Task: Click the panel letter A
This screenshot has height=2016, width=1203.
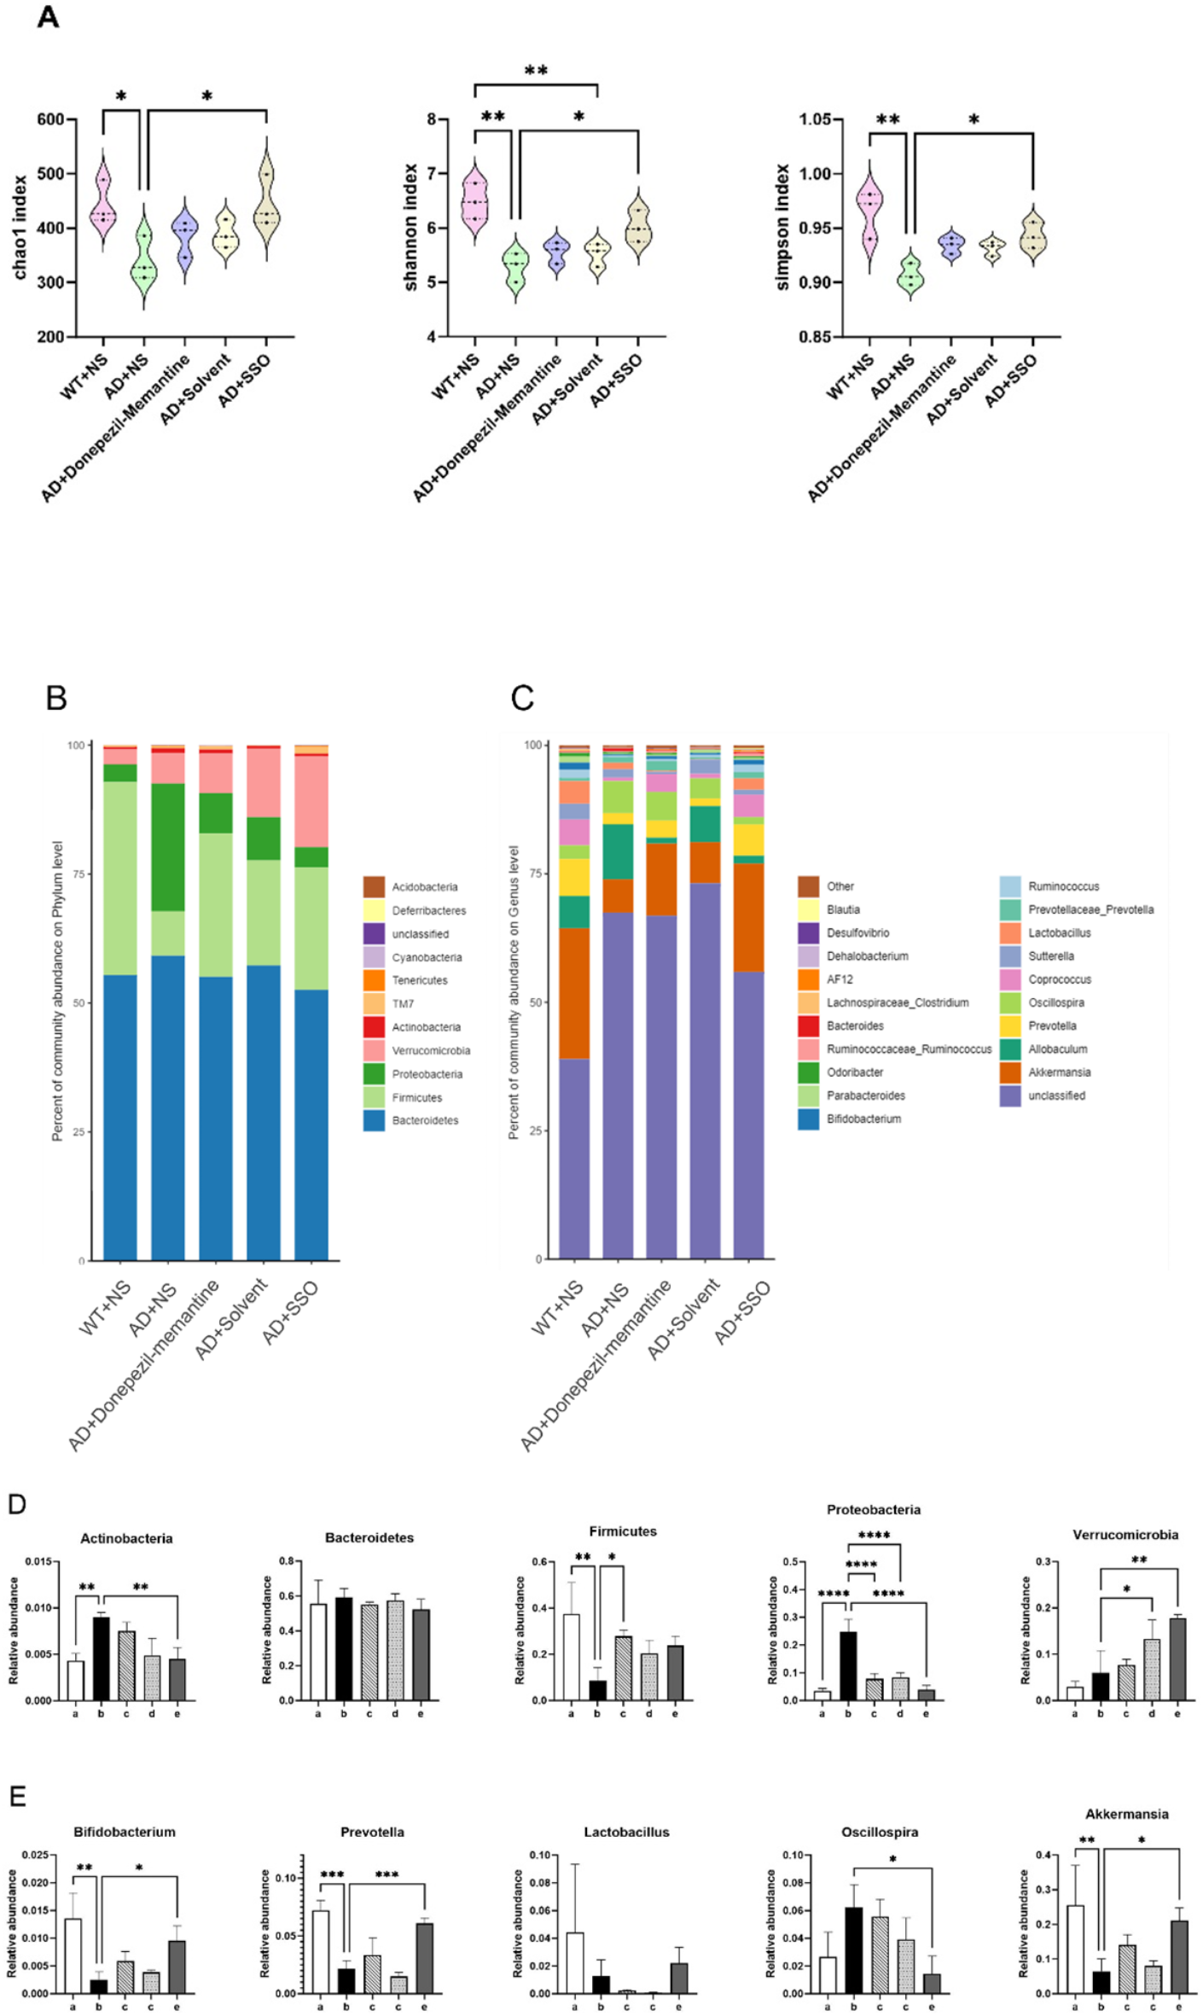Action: point(48,16)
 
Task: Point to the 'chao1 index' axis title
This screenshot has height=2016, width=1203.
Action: point(20,227)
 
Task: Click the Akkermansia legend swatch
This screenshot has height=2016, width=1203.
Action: point(1010,1072)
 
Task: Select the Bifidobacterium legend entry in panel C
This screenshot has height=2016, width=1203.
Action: point(863,1118)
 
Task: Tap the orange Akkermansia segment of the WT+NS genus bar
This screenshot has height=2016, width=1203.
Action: point(574,993)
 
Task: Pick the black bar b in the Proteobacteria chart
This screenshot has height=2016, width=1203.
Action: point(848,1665)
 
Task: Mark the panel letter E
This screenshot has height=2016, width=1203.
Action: point(17,1796)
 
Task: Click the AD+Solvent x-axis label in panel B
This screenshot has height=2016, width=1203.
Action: point(231,1318)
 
